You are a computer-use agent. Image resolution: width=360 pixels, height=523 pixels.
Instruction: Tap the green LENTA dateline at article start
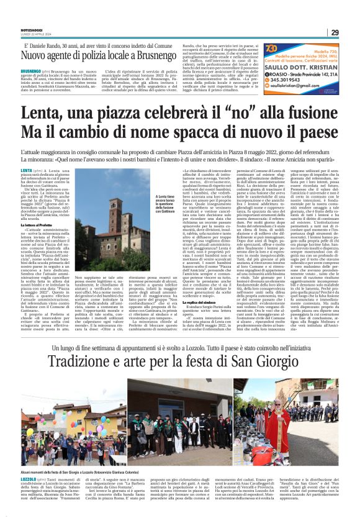(26, 170)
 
